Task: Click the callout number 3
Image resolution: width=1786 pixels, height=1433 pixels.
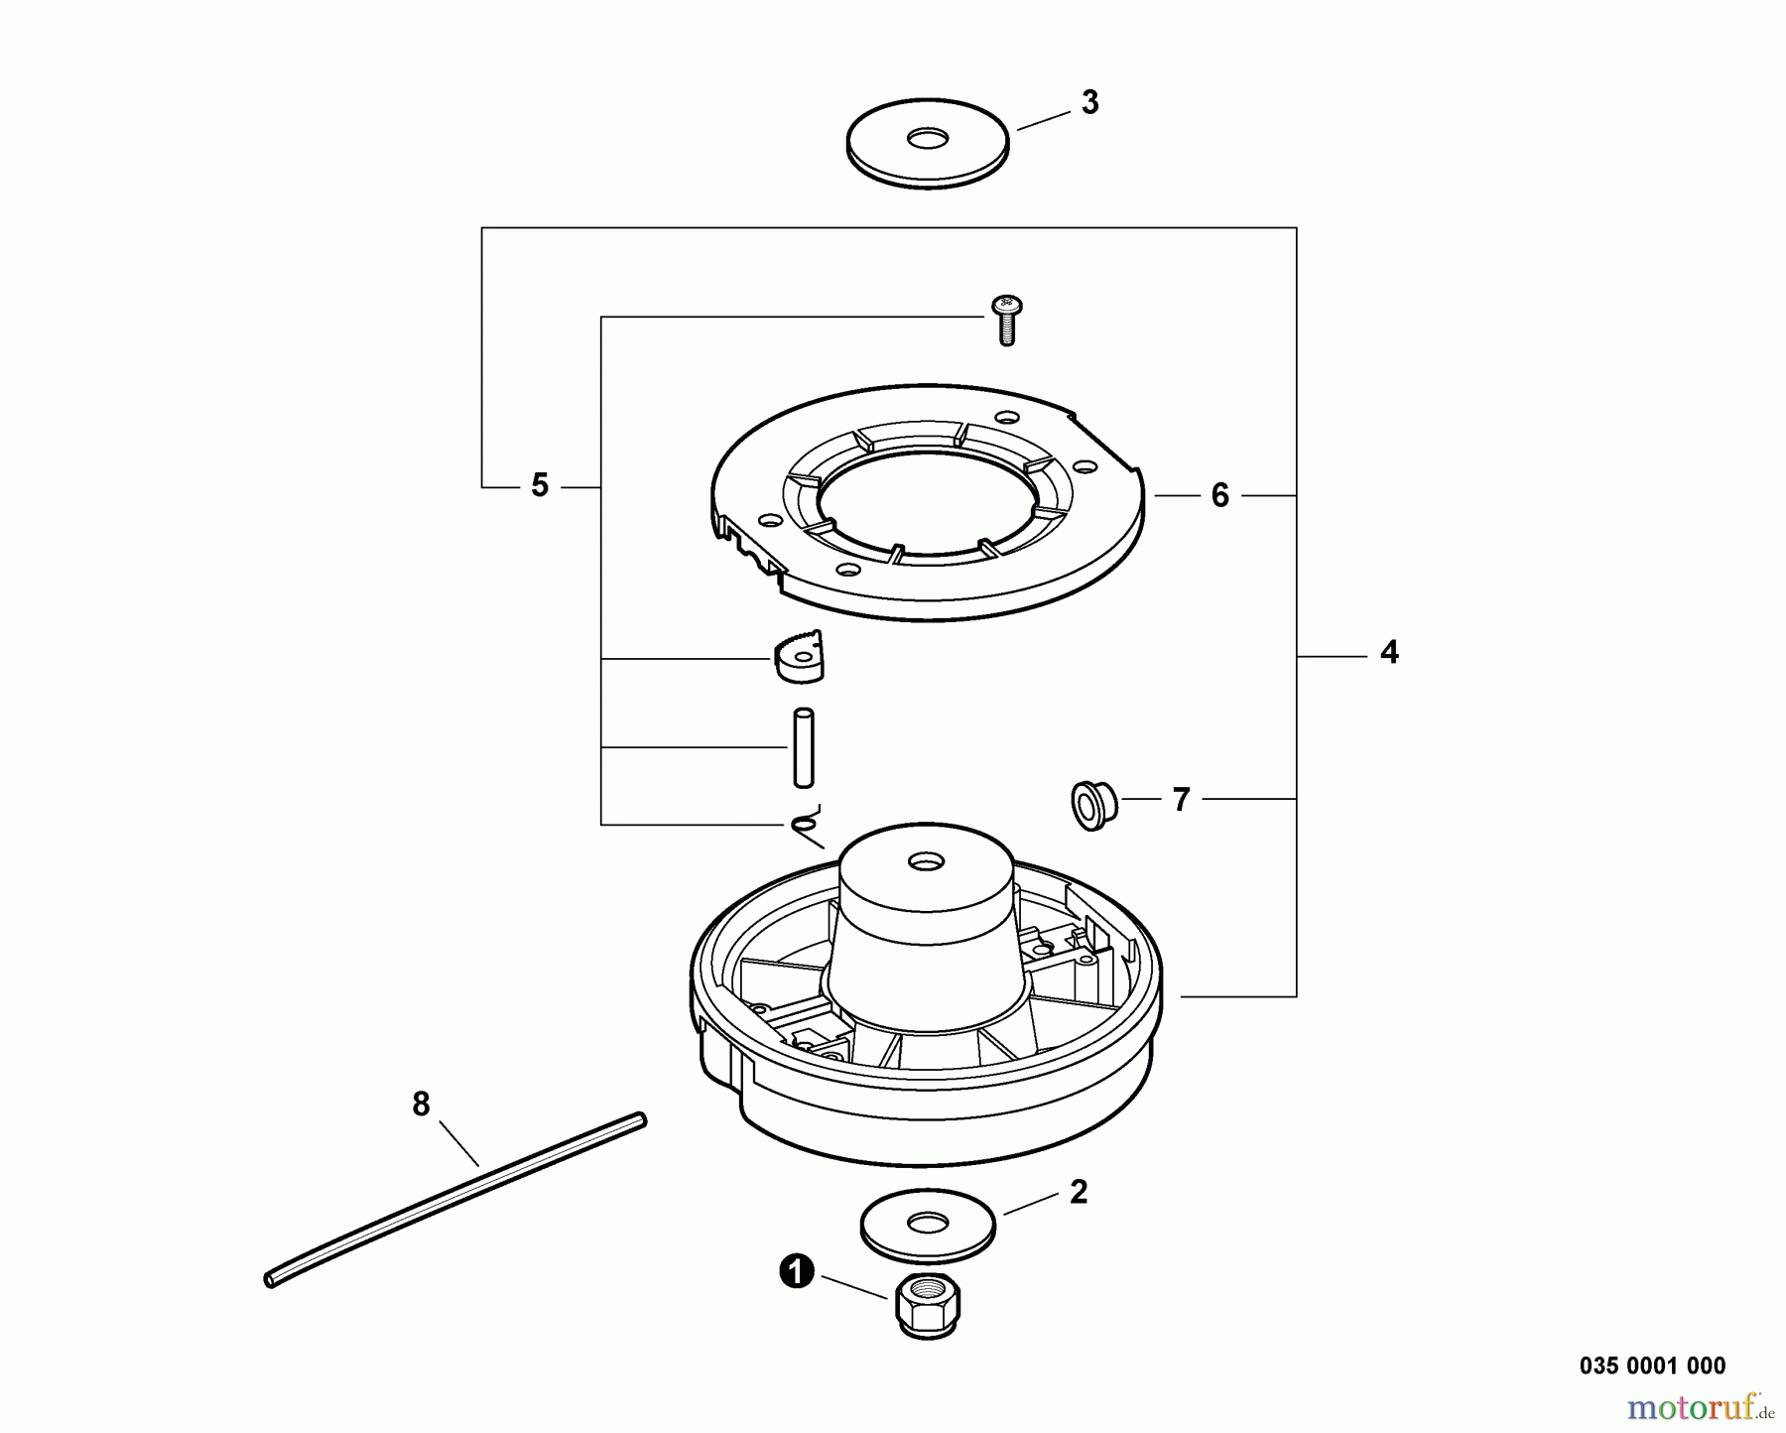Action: tap(1089, 103)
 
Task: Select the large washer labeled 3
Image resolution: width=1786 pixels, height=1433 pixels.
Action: tap(928, 143)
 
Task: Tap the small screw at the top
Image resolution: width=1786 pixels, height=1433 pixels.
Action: tap(1006, 320)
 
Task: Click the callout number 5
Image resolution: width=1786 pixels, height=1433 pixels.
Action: tap(540, 486)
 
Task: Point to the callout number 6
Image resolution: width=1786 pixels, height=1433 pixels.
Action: tap(1219, 495)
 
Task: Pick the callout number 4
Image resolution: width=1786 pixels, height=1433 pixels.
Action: tap(1389, 653)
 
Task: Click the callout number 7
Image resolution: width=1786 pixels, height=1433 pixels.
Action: tap(1181, 799)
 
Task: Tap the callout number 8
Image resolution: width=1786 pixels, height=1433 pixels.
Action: tap(421, 1104)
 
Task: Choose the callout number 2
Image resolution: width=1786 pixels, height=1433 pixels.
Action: tap(1079, 1193)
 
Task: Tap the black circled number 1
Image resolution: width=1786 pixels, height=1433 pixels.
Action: tap(797, 1272)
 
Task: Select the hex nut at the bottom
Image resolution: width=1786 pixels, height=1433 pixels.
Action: tap(927, 1308)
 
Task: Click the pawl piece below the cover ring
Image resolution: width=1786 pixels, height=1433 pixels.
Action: tap(800, 657)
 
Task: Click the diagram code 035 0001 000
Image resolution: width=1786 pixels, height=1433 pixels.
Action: tap(1652, 1366)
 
